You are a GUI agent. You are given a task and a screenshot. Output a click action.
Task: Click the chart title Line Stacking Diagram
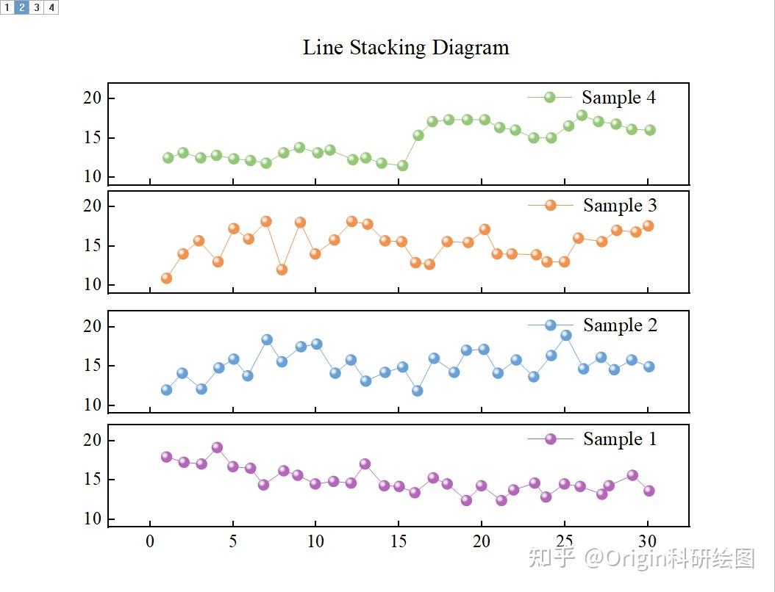406,48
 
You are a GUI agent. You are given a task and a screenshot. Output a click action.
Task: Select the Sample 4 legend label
618,98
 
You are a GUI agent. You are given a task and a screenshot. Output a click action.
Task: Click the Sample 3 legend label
620,206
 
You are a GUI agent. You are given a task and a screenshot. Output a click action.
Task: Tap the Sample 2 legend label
620,325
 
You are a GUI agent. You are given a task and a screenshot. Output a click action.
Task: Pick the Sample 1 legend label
620,439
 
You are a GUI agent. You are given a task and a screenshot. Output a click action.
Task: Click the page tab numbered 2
22,7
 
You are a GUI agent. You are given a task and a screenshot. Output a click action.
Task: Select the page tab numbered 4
51,7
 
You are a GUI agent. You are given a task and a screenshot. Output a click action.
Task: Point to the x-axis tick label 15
399,542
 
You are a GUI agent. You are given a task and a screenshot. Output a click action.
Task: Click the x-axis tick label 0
150,542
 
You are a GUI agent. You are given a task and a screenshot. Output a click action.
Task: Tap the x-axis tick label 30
648,542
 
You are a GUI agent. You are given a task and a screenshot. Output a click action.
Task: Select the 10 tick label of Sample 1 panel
94,519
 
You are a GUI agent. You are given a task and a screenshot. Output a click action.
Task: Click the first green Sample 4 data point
168,157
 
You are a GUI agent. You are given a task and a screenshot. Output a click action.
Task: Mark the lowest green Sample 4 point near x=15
402,166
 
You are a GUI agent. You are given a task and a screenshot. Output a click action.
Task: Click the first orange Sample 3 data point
166,278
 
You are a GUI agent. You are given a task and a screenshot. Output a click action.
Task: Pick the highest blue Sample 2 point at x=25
565,335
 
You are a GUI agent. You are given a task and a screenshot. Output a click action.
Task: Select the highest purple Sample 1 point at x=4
217,447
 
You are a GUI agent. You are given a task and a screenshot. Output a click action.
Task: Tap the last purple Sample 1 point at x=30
649,491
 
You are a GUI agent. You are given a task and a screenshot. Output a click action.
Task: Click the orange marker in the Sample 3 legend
550,206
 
